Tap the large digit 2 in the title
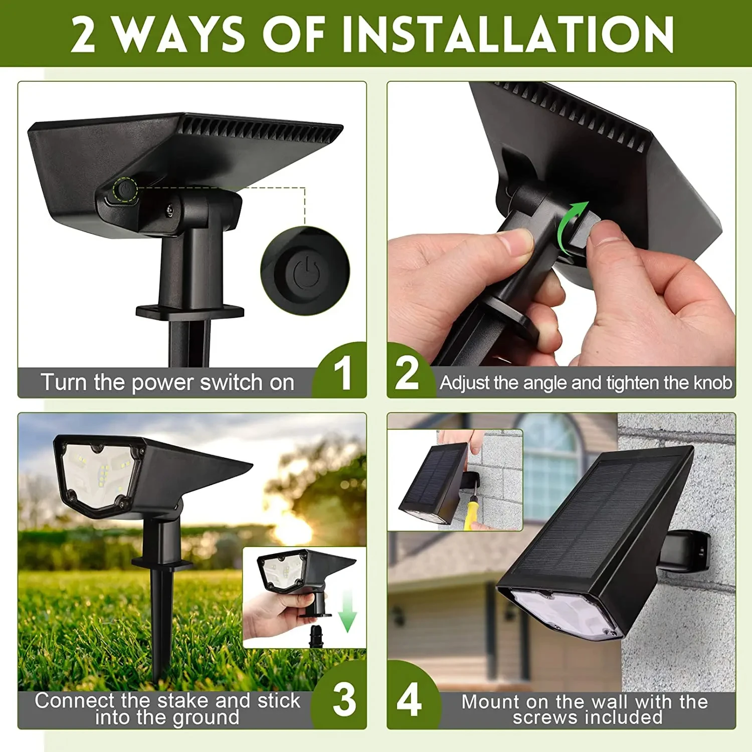(83, 34)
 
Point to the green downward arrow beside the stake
(347, 612)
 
